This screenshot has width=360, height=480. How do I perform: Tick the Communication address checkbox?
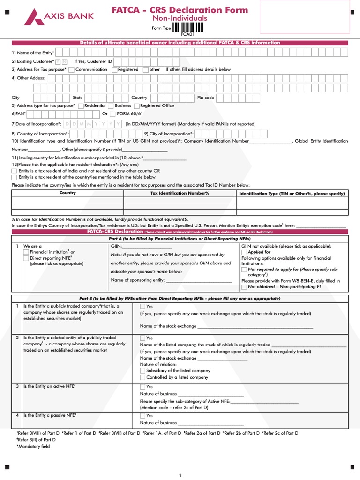pyautogui.click(x=72, y=70)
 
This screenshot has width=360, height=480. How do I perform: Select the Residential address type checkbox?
pyautogui.click(x=81, y=106)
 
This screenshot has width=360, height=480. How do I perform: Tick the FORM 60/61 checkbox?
pyautogui.click(x=112, y=114)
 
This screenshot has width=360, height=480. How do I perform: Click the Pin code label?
pyautogui.click(x=205, y=97)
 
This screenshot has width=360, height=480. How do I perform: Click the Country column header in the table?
pyautogui.click(x=67, y=193)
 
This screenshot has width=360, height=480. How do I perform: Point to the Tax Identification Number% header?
pyautogui.click(x=180, y=193)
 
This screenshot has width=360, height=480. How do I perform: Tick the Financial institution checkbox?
pyautogui.click(x=26, y=252)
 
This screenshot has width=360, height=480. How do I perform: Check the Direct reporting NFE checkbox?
pyautogui.click(x=26, y=258)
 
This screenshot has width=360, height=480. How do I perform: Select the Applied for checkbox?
pyautogui.click(x=244, y=252)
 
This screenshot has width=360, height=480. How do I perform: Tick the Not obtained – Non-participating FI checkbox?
pyautogui.click(x=244, y=287)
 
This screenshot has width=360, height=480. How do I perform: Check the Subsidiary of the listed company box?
pyautogui.click(x=143, y=371)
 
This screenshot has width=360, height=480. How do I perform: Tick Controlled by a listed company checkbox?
pyautogui.click(x=143, y=377)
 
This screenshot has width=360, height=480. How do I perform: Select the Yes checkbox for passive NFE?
pyautogui.click(x=143, y=416)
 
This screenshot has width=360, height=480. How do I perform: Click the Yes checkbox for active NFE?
pyautogui.click(x=143, y=387)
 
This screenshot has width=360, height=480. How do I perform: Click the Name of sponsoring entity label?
pyautogui.click(x=137, y=280)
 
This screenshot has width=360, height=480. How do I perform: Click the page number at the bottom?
pyautogui.click(x=180, y=476)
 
